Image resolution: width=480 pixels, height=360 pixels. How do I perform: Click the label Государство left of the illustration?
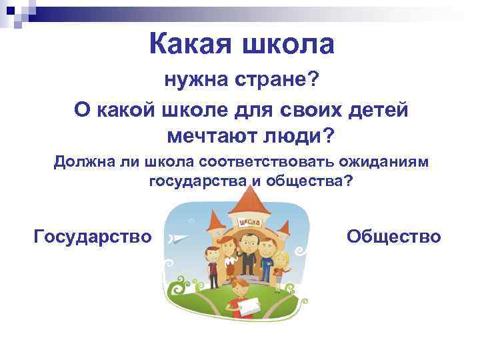point(93,236)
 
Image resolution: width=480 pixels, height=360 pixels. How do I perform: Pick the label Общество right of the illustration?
point(394,236)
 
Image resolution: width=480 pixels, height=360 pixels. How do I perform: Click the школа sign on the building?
point(248,223)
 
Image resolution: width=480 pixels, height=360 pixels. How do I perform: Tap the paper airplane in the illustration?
point(179,238)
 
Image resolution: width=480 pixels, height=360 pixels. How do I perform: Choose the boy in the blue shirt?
point(267,257)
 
